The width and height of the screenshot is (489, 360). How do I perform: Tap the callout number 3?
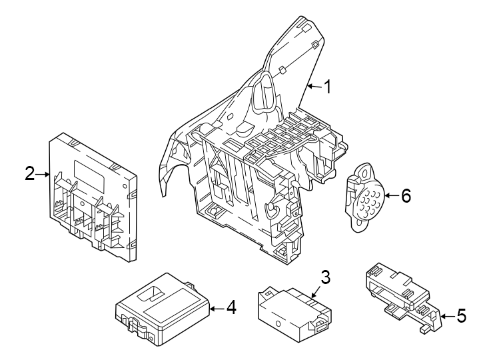(324, 276)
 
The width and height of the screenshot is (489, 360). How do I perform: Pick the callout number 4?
(231, 307)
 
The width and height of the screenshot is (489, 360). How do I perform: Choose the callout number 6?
(406, 196)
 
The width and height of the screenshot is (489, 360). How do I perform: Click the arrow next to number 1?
(313, 87)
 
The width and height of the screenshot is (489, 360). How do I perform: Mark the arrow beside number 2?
(43, 175)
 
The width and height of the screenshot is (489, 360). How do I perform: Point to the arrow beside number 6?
(390, 196)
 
